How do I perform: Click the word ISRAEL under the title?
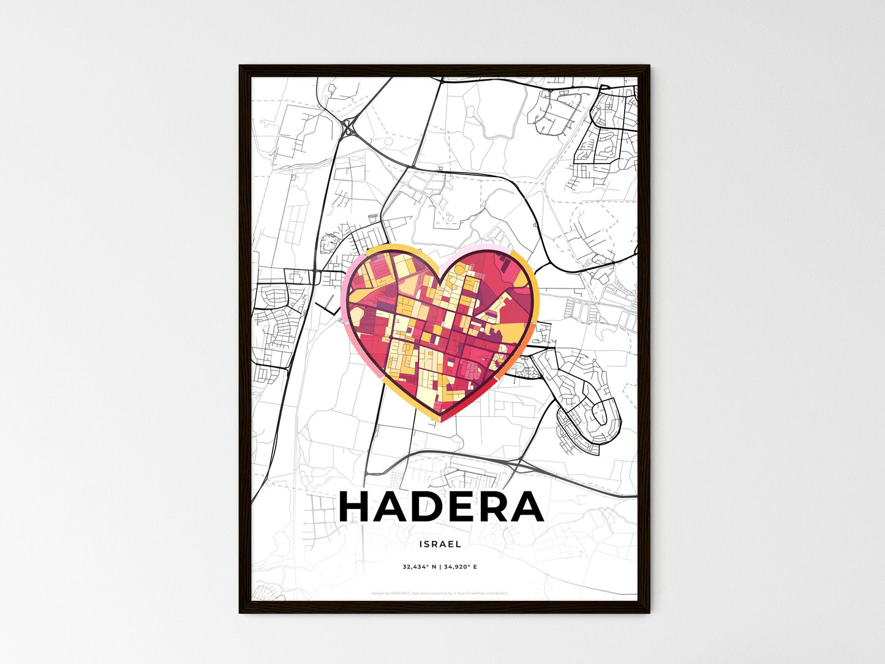pyautogui.click(x=440, y=544)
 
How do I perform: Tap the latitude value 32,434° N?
pyautogui.click(x=420, y=567)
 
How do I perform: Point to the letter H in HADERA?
pyautogui.click(x=356, y=507)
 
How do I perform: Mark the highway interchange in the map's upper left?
pyautogui.click(x=350, y=128)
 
